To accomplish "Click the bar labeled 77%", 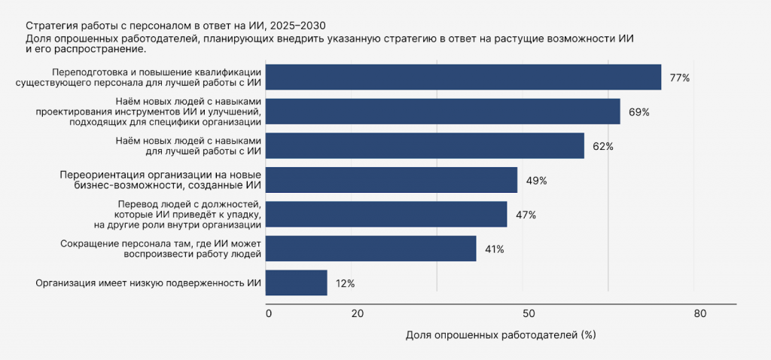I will click(x=464, y=78).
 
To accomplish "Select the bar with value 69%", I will click(x=443, y=111).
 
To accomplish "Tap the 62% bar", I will click(x=425, y=146).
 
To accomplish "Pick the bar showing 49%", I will click(x=392, y=180).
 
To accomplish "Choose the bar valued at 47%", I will click(x=387, y=215).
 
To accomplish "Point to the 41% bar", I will click(x=372, y=249).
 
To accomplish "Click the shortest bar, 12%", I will click(x=297, y=283).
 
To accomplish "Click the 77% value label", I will click(x=679, y=78).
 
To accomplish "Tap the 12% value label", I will click(x=345, y=284).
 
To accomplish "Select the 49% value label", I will click(x=536, y=181).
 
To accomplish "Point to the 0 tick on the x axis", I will click(x=268, y=314).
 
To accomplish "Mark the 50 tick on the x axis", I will click(x=529, y=314).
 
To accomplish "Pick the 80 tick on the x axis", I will click(x=700, y=314).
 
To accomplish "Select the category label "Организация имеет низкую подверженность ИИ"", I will click(x=148, y=284).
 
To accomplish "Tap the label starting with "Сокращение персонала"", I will click(x=160, y=249).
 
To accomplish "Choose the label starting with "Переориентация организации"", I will click(x=160, y=181).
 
